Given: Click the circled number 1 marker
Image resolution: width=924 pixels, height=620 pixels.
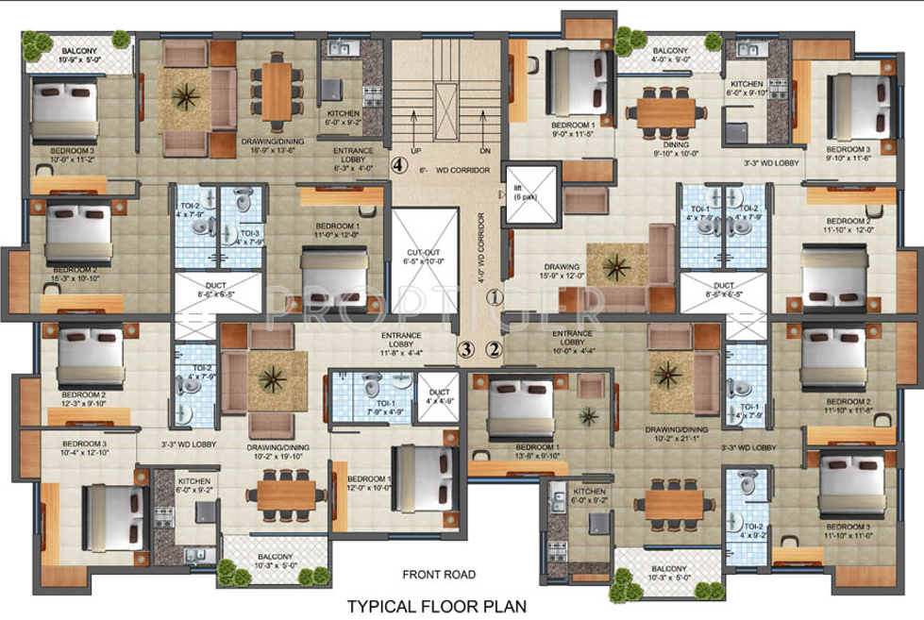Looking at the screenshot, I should [x=493, y=297].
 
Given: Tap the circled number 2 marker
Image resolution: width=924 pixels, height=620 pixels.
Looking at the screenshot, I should [x=494, y=349].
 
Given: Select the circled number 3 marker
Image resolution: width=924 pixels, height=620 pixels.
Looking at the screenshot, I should [x=464, y=349].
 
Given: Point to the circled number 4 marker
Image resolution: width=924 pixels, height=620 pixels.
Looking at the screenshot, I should [x=399, y=163].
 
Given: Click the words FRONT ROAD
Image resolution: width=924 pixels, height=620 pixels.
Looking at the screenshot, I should [x=439, y=574].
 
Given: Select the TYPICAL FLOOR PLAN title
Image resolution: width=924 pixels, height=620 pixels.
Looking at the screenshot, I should [x=437, y=605].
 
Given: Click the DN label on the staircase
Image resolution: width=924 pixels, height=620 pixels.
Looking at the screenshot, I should [x=485, y=150].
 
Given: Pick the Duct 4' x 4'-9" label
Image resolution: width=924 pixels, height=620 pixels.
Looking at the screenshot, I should [x=438, y=395].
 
